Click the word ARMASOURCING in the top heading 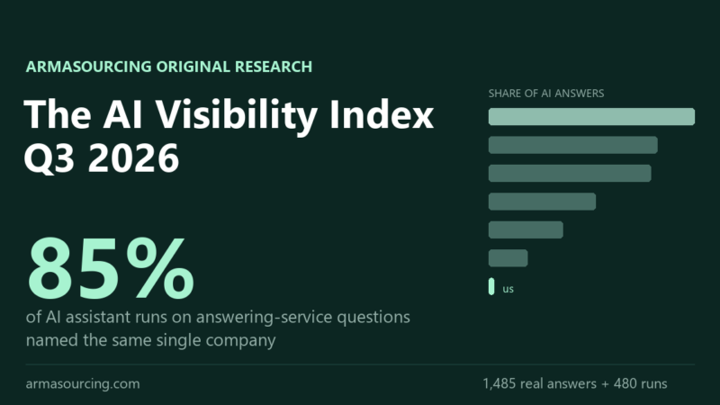[x=88, y=67]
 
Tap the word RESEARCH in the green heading [x=274, y=67]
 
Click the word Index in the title [x=382, y=114]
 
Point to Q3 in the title [x=49, y=158]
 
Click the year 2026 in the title [x=133, y=157]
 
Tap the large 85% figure [x=111, y=268]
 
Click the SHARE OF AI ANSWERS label [x=546, y=94]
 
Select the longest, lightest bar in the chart [x=591, y=117]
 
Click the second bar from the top [x=572, y=145]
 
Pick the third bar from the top [x=570, y=173]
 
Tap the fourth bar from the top [x=542, y=202]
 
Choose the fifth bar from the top [x=526, y=230]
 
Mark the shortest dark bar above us [x=508, y=258]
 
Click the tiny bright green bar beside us [x=491, y=286]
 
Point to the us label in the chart [x=508, y=289]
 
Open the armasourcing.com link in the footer [x=83, y=384]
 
